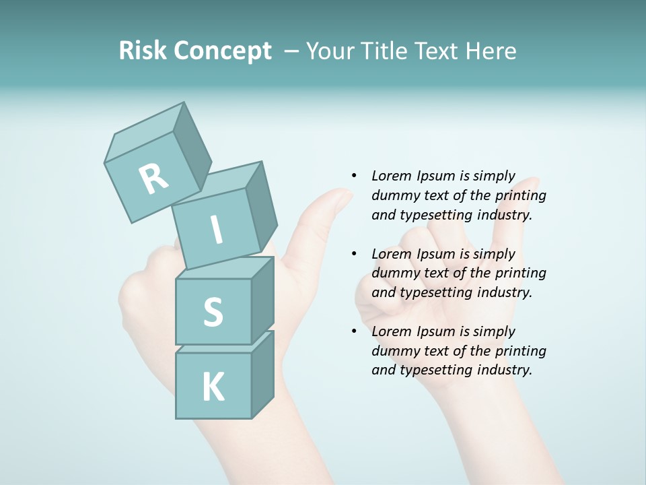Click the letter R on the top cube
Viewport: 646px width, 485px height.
pyautogui.click(x=153, y=179)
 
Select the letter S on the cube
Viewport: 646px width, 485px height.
pyautogui.click(x=213, y=312)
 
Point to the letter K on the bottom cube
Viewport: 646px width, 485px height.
pyautogui.click(x=213, y=387)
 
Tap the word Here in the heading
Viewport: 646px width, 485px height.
pyautogui.click(x=491, y=51)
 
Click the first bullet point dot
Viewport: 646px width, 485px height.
pyautogui.click(x=353, y=176)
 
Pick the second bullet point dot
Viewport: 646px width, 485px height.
pyautogui.click(x=353, y=254)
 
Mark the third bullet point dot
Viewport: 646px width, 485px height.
pyautogui.click(x=353, y=331)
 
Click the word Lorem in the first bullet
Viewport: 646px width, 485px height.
pyautogui.click(x=390, y=176)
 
